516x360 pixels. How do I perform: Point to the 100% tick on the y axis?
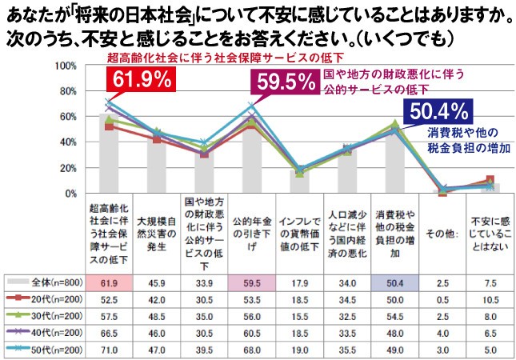coord(66,65)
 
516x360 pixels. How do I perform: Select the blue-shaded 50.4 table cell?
coord(393,282)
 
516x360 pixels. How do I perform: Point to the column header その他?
coord(441,233)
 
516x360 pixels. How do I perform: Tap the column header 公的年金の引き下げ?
coord(251,233)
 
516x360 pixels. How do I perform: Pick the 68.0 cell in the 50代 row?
coord(251,350)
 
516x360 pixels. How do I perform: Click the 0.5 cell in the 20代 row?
coord(441,299)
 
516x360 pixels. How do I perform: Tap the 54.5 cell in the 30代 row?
coord(393,316)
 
